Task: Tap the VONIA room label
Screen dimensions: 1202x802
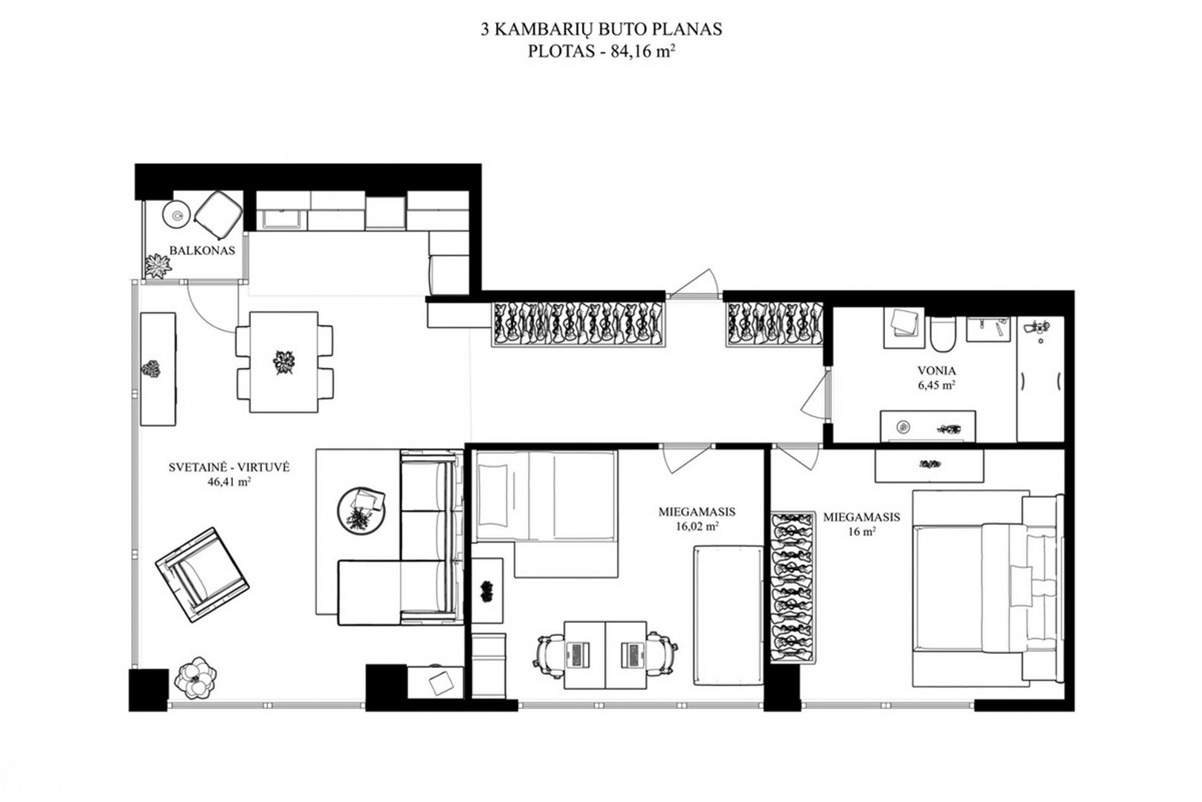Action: click(x=936, y=371)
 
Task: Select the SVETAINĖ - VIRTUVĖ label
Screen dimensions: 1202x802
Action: click(x=229, y=467)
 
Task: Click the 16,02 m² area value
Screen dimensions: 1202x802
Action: click(x=697, y=525)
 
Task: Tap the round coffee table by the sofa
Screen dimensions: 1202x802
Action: click(x=362, y=510)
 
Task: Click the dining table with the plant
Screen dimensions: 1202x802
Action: click(x=284, y=361)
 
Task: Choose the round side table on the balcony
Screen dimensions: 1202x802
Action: click(x=177, y=215)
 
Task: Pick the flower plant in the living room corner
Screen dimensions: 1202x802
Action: click(x=195, y=679)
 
